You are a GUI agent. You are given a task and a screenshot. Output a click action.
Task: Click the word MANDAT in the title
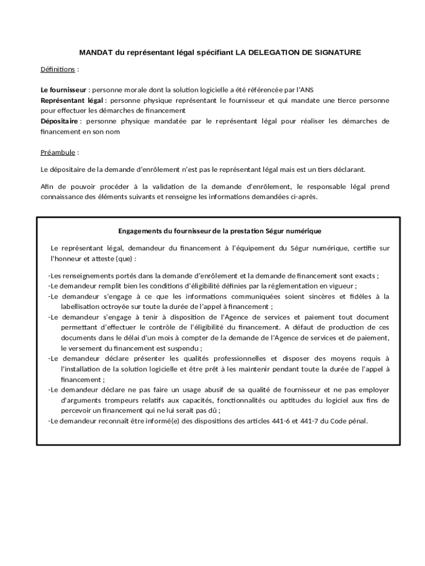pos(96,53)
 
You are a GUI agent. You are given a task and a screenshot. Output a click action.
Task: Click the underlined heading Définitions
pos(58,69)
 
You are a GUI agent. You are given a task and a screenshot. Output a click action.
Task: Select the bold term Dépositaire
pos(59,121)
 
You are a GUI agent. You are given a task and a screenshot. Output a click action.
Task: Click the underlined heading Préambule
pos(58,153)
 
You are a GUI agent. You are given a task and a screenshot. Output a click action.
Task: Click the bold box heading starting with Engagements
pos(220,230)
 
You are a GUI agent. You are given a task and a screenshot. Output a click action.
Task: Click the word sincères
pos(326,296)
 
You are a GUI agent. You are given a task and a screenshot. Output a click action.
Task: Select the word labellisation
pos(82,307)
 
